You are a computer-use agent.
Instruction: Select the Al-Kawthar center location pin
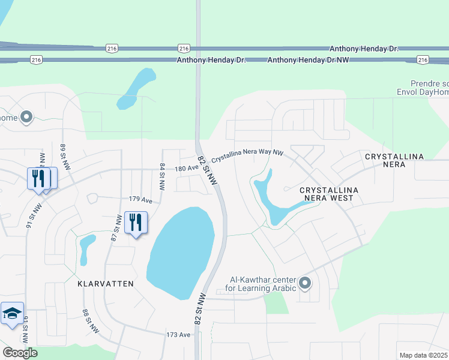pos(306,283)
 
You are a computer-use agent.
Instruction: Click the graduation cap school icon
pos(12,314)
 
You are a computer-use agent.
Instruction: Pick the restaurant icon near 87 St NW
pos(136,223)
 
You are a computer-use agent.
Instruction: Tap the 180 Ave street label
pos(187,169)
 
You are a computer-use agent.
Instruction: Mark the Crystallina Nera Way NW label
pos(247,152)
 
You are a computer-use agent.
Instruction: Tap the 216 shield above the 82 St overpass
pos(184,48)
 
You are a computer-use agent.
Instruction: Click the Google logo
pos(20,353)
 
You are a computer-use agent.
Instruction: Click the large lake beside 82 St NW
pos(181,252)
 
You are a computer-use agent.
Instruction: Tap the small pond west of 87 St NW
pos(87,248)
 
